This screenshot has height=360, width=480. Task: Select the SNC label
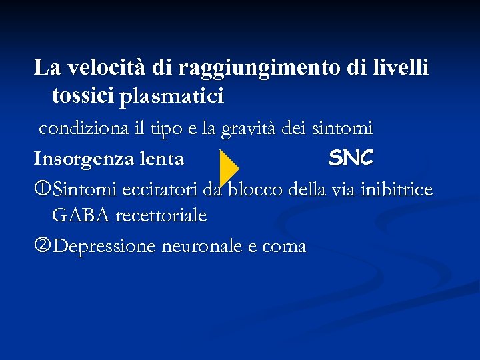pos(351,158)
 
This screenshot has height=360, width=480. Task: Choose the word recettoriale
pos(161,216)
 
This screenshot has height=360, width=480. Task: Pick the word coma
pos(284,247)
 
